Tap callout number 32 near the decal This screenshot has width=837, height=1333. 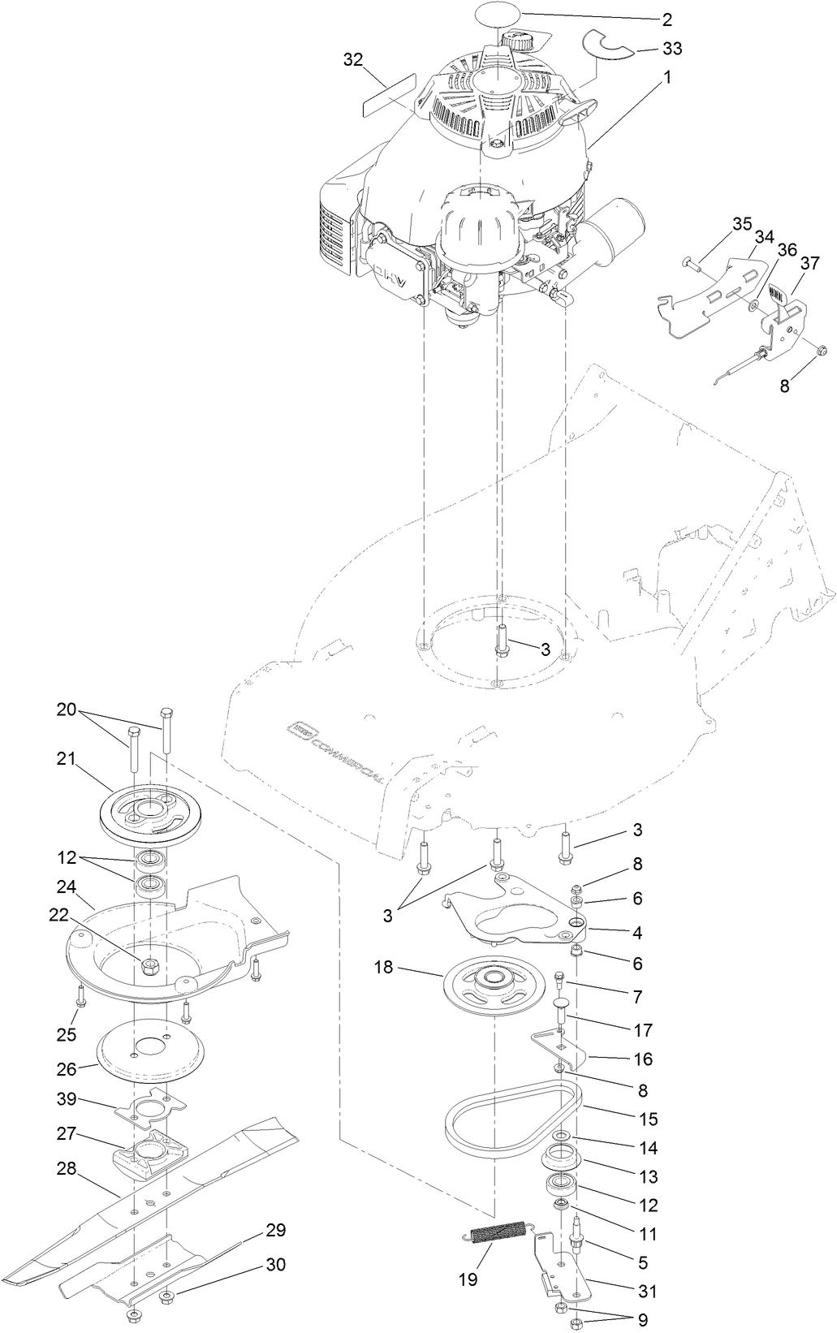(x=352, y=59)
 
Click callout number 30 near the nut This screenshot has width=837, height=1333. (x=276, y=1264)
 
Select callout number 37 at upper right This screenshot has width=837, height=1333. (x=809, y=262)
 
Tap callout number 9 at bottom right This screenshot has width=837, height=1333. (x=642, y=1320)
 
